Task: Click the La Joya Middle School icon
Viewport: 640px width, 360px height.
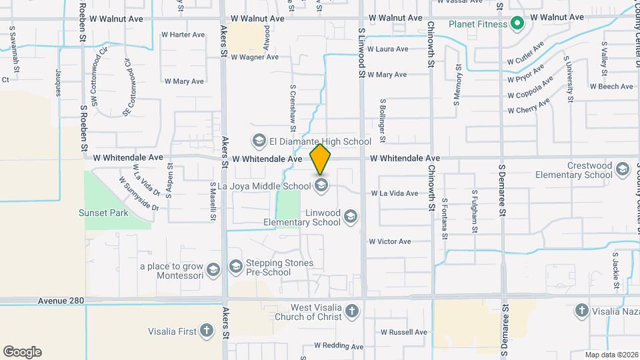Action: point(322,185)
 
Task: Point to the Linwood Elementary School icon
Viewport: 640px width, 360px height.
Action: point(351,216)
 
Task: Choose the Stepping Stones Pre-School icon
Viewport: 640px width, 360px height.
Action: point(235,267)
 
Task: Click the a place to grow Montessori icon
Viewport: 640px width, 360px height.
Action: point(213,269)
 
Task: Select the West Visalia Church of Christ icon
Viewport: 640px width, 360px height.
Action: point(352,310)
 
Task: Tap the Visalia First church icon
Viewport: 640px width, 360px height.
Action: point(207,330)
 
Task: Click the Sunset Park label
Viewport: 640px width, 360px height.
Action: point(103,213)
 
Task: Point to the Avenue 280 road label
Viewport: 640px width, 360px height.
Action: point(61,301)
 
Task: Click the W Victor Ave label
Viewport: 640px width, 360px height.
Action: point(389,241)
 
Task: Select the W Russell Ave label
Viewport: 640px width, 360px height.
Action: point(403,332)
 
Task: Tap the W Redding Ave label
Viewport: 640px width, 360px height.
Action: point(339,347)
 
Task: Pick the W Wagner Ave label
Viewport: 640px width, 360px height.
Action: point(255,57)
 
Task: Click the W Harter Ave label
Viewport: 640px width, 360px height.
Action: point(183,35)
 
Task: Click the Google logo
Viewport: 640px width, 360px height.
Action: point(22,352)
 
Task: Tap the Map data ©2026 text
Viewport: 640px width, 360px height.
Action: point(611,355)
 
